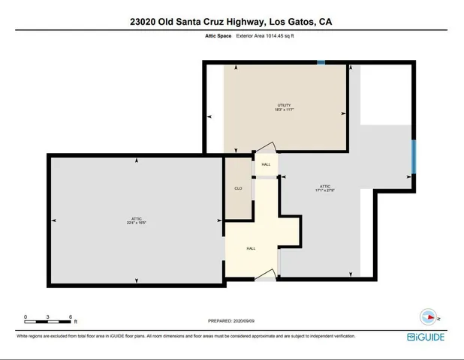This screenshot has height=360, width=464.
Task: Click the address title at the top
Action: point(230,22)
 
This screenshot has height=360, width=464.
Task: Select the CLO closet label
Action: point(238,188)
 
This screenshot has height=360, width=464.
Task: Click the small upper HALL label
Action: point(266,164)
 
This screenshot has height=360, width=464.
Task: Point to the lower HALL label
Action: point(251,248)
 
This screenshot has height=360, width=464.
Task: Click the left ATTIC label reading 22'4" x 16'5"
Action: point(136,220)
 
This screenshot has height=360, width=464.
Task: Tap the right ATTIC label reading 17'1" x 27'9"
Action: point(325,188)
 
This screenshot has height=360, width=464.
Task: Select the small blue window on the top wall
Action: point(321,63)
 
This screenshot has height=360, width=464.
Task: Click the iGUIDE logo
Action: point(426,337)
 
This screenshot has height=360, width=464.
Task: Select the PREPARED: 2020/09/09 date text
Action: point(231,321)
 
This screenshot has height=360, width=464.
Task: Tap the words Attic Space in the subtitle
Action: point(218,35)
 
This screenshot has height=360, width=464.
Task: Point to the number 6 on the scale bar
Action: point(70,316)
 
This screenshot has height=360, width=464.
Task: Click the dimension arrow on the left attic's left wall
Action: point(54,220)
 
